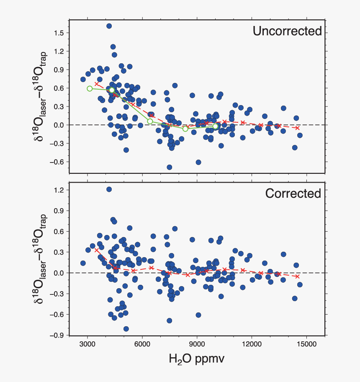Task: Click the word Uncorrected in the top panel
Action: (287, 31)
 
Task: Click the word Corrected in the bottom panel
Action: (293, 194)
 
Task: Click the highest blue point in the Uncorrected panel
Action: (109, 26)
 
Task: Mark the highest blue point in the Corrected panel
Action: (109, 189)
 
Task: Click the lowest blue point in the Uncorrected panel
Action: (170, 167)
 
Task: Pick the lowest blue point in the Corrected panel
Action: (126, 329)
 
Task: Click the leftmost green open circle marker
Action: (90, 88)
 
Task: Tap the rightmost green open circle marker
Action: (215, 126)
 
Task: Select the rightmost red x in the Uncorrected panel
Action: (298, 128)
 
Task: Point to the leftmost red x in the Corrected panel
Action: (97, 250)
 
